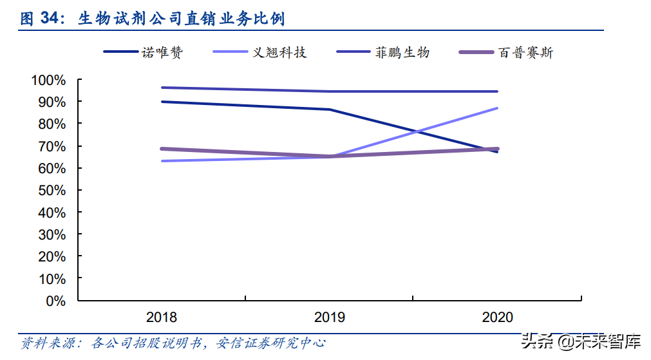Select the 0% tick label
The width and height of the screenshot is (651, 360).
tap(55, 301)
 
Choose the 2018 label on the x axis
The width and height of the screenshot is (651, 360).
tap(162, 317)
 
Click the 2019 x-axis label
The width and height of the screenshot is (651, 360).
tap(329, 317)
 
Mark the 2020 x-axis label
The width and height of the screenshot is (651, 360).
tap(497, 317)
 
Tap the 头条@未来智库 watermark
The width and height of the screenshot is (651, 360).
tap(581, 341)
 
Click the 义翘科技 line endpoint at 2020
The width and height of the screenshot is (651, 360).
tap(497, 108)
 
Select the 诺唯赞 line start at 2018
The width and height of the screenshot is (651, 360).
tap(162, 102)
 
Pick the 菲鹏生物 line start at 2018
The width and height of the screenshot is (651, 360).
tap(162, 88)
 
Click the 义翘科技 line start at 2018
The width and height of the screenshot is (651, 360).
tap(162, 161)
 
